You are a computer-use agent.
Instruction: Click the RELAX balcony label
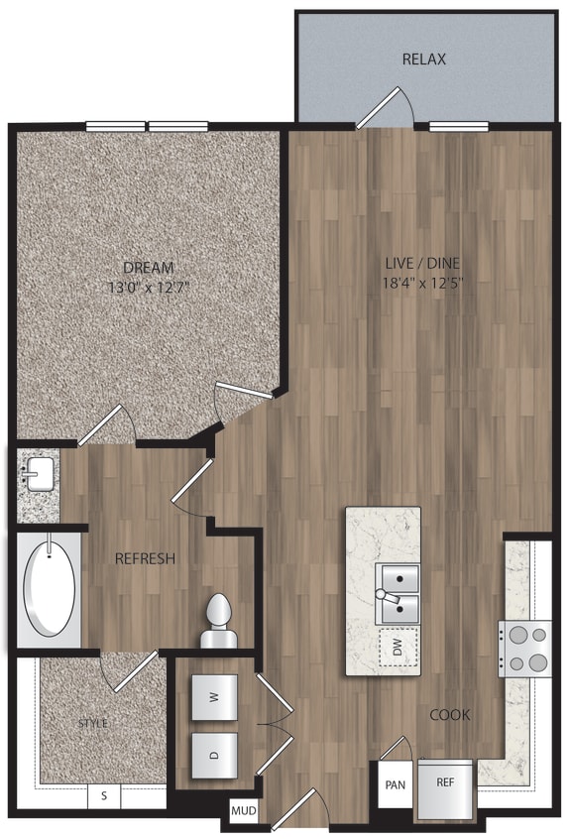pos(423,60)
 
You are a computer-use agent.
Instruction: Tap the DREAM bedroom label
pos(149,268)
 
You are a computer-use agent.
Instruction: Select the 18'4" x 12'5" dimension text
pos(423,282)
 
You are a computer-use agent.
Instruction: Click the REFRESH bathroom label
pos(145,558)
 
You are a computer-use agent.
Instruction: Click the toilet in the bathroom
pos(218,622)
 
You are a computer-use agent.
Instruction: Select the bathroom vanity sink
pos(38,475)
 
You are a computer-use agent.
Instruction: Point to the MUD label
pos(244,812)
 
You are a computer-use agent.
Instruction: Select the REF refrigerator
pos(445,782)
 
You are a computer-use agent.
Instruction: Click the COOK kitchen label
pos(449,715)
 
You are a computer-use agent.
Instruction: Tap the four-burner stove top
pos(525,649)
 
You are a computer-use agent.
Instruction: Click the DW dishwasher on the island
pos(397,649)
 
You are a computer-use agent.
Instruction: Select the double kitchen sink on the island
pos(398,591)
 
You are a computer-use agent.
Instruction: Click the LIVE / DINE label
pos(423,264)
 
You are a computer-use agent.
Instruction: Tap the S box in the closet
pos(104,794)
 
